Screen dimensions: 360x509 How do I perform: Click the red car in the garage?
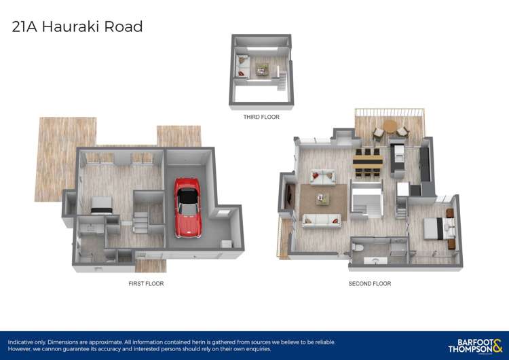(x=187, y=206)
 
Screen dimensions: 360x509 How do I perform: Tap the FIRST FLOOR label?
(x=146, y=283)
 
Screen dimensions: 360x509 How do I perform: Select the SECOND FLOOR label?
(x=369, y=283)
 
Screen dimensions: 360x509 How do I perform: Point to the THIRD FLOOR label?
(x=261, y=117)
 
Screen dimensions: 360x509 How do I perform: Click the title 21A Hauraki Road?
(x=77, y=27)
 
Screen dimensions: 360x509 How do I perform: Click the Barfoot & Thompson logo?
(x=475, y=344)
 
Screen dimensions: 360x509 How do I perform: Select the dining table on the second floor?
(x=367, y=161)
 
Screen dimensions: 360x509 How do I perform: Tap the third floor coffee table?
(x=262, y=68)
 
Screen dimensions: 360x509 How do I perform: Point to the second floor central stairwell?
(x=367, y=201)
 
